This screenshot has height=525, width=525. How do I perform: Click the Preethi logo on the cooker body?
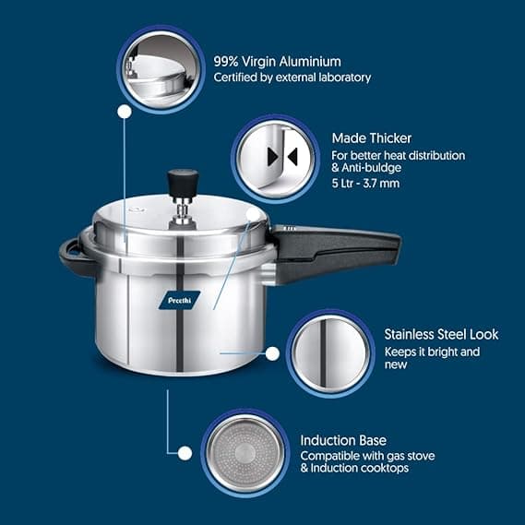(180, 300)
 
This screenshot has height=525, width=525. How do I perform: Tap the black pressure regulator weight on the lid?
(183, 183)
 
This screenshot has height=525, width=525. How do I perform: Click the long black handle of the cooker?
(336, 251)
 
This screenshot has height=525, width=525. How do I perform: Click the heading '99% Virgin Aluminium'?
(277, 62)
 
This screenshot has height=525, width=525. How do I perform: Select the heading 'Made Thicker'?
(371, 138)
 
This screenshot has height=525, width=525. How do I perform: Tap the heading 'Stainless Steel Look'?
(441, 334)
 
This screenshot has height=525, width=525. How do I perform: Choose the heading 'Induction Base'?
(343, 440)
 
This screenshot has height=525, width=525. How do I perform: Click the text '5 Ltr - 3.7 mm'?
(365, 184)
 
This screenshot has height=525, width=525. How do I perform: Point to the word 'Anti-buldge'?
(371, 167)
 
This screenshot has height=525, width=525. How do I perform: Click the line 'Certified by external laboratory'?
(292, 78)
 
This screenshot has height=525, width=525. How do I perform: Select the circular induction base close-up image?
(245, 453)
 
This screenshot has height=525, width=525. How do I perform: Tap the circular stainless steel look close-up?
(330, 353)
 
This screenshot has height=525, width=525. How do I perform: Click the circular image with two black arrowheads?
(275, 159)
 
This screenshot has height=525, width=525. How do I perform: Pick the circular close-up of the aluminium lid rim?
(161, 69)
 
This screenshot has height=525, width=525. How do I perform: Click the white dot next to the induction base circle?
(185, 454)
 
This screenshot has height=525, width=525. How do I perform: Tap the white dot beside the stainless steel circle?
(272, 353)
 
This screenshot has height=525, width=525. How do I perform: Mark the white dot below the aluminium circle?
(125, 112)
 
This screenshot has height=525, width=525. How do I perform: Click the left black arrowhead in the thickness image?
(273, 157)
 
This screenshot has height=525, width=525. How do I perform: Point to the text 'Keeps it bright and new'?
(432, 358)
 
